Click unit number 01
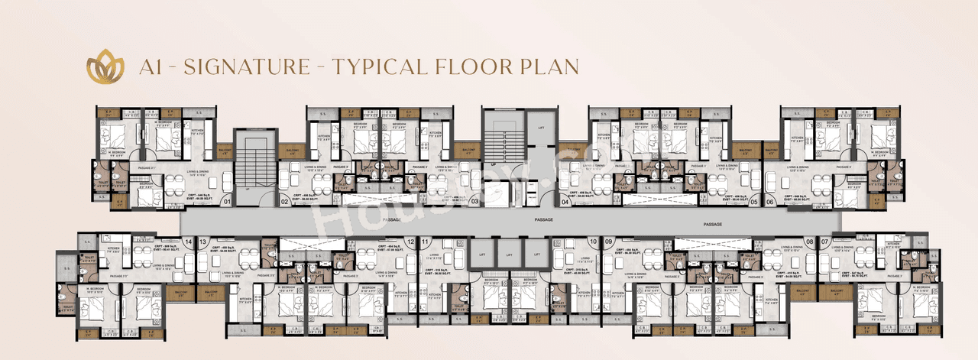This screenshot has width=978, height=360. tap(227, 202)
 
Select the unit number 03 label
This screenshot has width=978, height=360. tap(474, 202)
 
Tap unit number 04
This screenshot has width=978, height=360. tap(565, 202)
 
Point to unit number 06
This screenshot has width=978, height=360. tap(769, 202)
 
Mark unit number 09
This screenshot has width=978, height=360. tap(609, 242)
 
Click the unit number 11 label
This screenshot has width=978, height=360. tap(425, 242)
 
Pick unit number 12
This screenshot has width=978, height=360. tap(411, 242)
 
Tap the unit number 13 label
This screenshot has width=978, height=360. tap(203, 242)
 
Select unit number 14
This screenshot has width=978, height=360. tap(188, 242)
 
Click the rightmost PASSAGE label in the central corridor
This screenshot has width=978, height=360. tap(713, 224)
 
